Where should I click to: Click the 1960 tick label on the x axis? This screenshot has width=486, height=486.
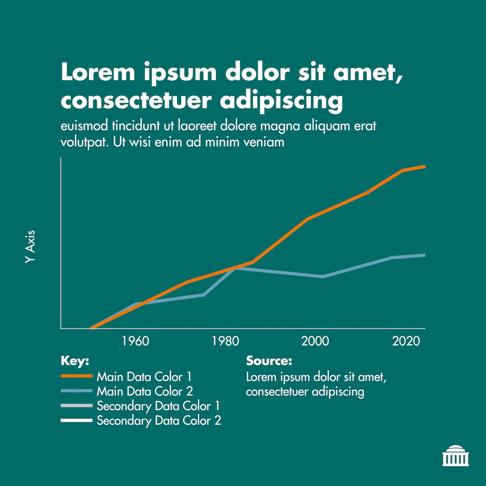(136, 341)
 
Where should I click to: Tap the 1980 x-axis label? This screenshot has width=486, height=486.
(226, 341)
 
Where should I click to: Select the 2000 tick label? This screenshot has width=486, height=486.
(315, 341)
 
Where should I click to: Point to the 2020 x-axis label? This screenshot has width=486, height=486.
(406, 341)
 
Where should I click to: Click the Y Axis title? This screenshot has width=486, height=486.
(30, 246)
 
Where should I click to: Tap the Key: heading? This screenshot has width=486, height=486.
(75, 361)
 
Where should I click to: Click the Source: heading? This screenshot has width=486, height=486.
(269, 361)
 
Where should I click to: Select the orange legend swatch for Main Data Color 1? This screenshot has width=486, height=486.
(77, 376)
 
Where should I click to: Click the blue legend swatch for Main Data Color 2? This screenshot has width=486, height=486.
(77, 391)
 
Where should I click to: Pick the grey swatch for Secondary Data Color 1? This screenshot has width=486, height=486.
(77, 405)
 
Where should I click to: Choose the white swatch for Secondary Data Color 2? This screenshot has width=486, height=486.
(77, 420)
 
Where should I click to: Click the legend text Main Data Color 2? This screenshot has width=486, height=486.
(145, 391)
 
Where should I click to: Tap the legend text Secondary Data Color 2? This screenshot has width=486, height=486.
(159, 421)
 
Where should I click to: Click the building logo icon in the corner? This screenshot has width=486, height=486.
(455, 455)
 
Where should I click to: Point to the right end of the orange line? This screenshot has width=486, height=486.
(424, 167)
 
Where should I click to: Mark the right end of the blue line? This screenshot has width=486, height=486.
(424, 255)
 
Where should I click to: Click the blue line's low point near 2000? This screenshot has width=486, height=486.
(323, 277)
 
